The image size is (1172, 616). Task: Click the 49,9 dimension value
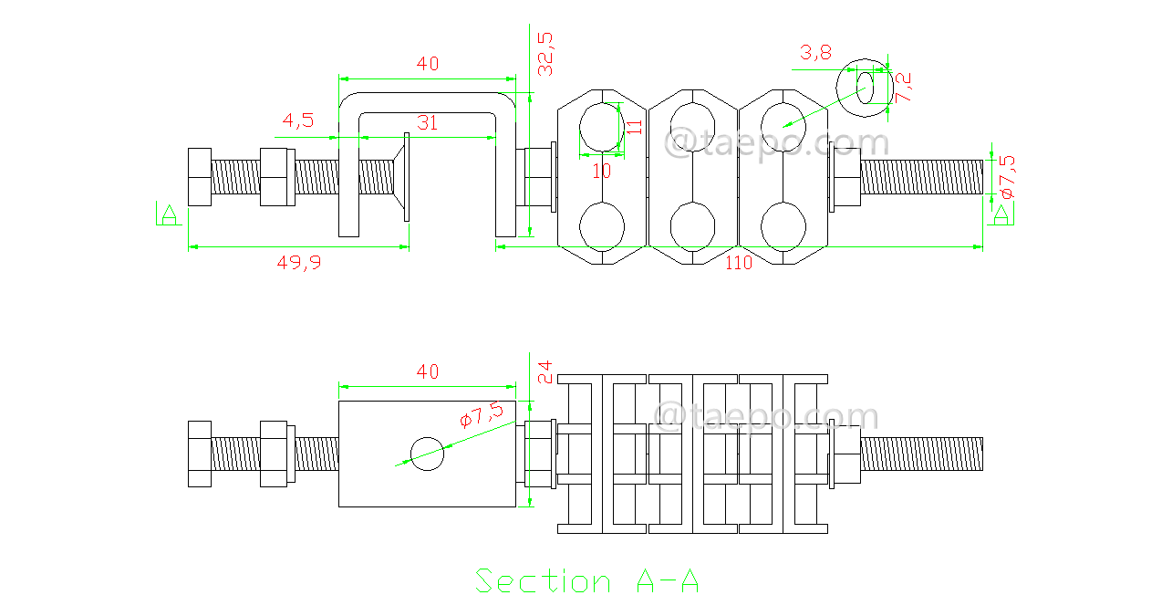(x=299, y=262)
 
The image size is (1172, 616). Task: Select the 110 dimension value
(x=738, y=263)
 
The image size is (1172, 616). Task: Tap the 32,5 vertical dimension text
(x=545, y=53)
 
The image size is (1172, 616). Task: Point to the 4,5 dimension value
(x=298, y=120)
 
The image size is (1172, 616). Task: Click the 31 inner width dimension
(x=427, y=122)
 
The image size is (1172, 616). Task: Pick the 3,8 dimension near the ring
(x=815, y=52)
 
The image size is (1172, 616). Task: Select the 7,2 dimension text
(x=904, y=88)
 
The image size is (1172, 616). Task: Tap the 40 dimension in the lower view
(x=427, y=371)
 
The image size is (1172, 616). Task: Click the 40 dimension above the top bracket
(x=427, y=63)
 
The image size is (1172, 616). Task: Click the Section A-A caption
(x=587, y=581)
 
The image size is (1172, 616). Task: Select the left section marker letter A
(x=168, y=214)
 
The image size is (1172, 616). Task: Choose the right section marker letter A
(x=1001, y=214)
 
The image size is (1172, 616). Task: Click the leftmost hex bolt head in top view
(x=199, y=176)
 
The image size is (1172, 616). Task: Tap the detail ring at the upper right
(x=865, y=88)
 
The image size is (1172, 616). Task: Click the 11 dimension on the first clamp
(x=636, y=126)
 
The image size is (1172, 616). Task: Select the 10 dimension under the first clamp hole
(x=601, y=171)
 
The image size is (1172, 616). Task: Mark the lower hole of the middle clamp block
(x=691, y=224)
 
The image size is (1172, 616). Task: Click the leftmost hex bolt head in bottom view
(x=199, y=454)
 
